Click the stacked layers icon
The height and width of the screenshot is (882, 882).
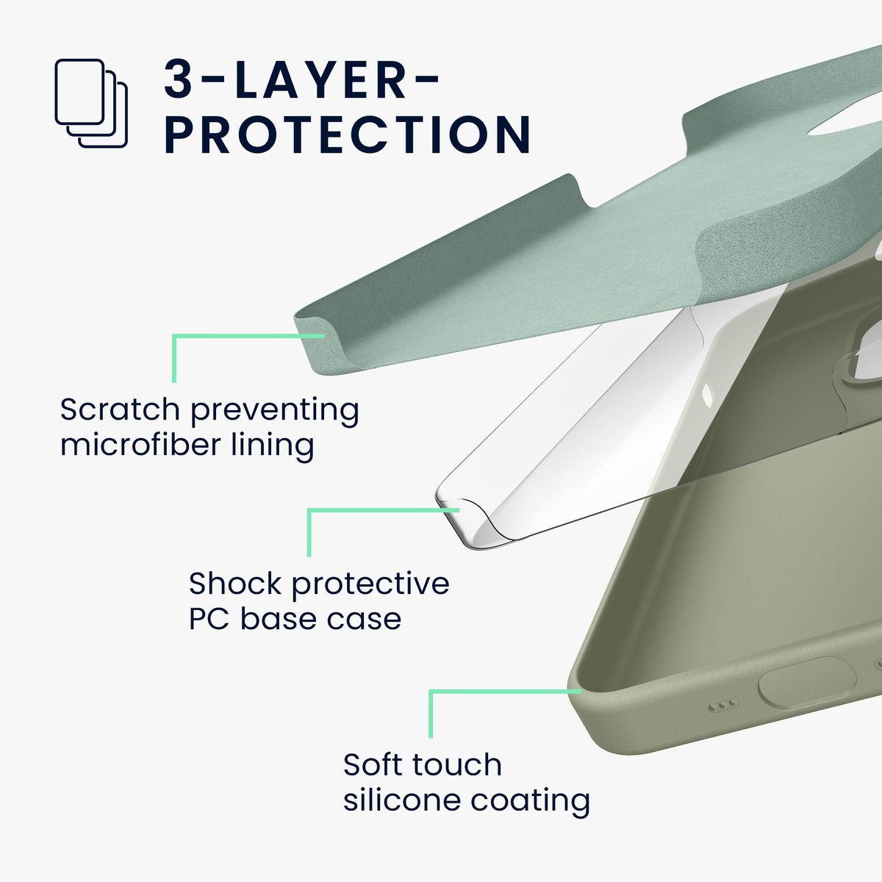coord(91,103)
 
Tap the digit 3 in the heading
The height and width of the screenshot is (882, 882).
coord(178,79)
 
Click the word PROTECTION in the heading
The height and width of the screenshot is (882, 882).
coord(348,134)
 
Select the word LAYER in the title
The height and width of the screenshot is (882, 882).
coord(320,79)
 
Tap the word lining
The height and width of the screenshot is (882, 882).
coord(273,445)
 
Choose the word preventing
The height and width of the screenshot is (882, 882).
coord(275,411)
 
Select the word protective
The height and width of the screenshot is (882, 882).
coord(370,585)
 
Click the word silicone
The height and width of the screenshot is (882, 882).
coord(402,800)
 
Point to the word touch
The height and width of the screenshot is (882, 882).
coord(457,765)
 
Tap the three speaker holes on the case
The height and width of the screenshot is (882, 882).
coord(723,706)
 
